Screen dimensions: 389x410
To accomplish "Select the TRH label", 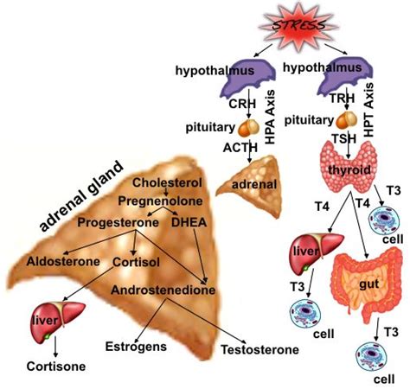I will pos(343,102).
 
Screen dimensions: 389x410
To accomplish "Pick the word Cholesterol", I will pos(167,182).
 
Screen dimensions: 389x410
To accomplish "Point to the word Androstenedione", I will pos(163,291).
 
